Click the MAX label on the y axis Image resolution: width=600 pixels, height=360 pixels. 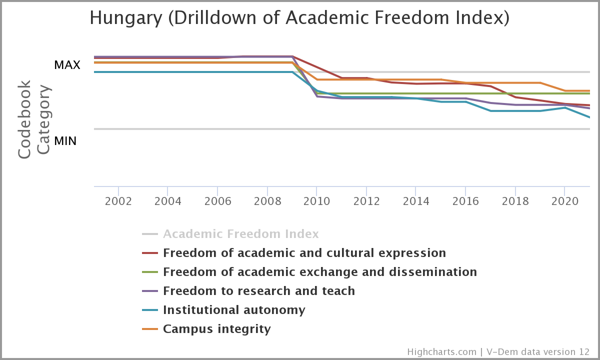pyautogui.click(x=67, y=65)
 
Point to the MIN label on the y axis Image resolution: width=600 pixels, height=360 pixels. pyautogui.click(x=65, y=141)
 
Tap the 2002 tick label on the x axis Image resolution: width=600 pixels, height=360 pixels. pyautogui.click(x=118, y=201)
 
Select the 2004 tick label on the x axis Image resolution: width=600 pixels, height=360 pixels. pyautogui.click(x=167, y=201)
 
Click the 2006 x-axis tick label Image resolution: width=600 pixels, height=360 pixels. pyautogui.click(x=217, y=201)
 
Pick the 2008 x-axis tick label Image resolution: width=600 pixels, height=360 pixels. pyautogui.click(x=267, y=201)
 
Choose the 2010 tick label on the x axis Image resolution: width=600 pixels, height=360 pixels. pyautogui.click(x=316, y=201)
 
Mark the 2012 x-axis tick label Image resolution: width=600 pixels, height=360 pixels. pyautogui.click(x=366, y=201)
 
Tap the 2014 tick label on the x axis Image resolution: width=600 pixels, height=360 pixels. pyautogui.click(x=416, y=201)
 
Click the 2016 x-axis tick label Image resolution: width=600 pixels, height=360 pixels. pyautogui.click(x=465, y=201)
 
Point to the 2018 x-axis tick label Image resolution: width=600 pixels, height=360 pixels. pyautogui.click(x=515, y=201)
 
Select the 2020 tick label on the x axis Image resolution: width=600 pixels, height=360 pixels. pyautogui.click(x=564, y=201)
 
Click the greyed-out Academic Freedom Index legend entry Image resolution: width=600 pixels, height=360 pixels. pyautogui.click(x=240, y=234)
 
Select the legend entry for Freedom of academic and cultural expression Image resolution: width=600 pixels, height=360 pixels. pyautogui.click(x=304, y=253)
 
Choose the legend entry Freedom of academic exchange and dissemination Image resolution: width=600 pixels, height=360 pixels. pyautogui.click(x=319, y=272)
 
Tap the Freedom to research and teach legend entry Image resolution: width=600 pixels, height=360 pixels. pyautogui.click(x=258, y=291)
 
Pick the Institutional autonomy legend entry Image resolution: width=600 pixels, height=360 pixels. pyautogui.click(x=233, y=310)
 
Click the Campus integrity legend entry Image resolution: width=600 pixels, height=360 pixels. pyautogui.click(x=216, y=329)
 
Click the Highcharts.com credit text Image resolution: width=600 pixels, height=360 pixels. pyautogui.click(x=441, y=352)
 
